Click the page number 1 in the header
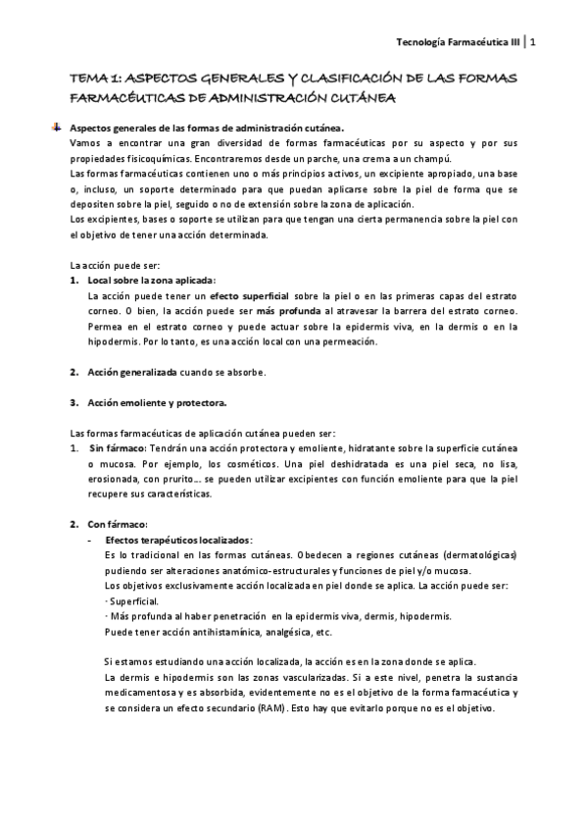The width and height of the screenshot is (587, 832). pyautogui.click(x=532, y=42)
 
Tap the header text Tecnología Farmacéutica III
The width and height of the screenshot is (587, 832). pyautogui.click(x=457, y=42)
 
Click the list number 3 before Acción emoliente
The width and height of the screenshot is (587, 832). pyautogui.click(x=73, y=402)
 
